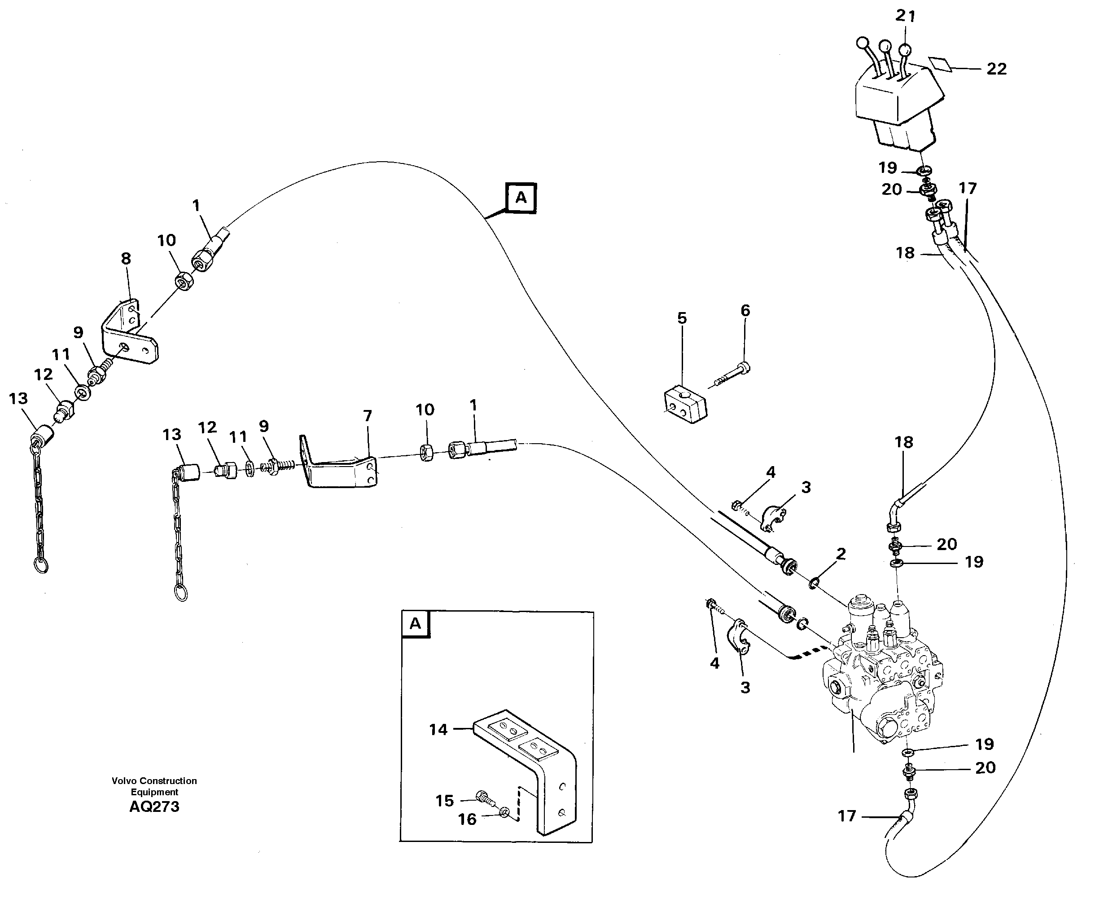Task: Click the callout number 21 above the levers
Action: pos(905,17)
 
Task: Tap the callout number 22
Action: pos(996,69)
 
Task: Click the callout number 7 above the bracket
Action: pos(368,416)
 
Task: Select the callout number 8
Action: pos(126,258)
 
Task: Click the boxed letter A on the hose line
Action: pos(521,198)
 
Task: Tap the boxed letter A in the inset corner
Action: pos(415,624)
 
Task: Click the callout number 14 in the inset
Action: pos(438,730)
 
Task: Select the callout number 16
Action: pos(467,819)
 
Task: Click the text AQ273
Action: pos(154,807)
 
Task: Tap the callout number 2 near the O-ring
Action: pos(841,554)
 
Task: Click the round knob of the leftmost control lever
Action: pos(862,43)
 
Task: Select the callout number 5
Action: pos(682,318)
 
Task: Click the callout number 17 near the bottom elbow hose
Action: pos(847,816)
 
